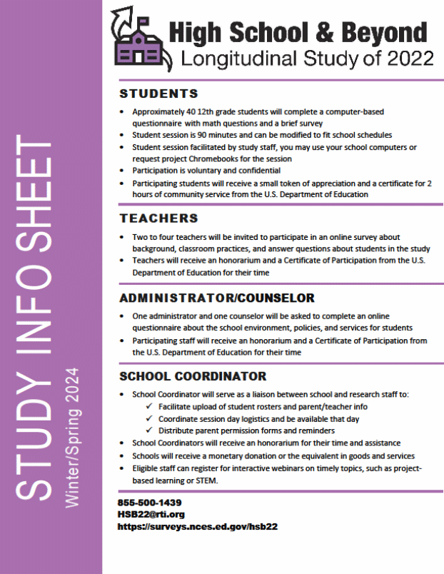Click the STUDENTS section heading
pyautogui.click(x=158, y=94)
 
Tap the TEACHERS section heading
pyautogui.click(x=158, y=218)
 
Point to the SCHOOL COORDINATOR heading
pyautogui.click(x=193, y=376)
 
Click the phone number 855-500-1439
pyautogui.click(x=150, y=503)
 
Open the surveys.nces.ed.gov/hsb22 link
pyautogui.click(x=198, y=526)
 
